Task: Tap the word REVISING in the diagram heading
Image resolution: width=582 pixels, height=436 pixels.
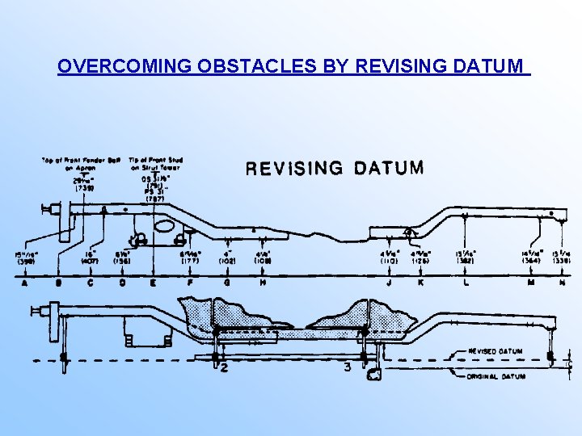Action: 293,169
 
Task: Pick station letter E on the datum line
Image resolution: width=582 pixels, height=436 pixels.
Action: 153,283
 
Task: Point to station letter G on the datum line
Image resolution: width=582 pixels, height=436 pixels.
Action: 227,283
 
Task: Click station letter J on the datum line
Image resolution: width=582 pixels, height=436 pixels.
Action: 390,283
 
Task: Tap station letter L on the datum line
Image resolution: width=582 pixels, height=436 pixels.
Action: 466,283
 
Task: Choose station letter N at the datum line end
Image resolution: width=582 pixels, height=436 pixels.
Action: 562,283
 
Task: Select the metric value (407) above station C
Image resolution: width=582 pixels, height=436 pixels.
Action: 90,260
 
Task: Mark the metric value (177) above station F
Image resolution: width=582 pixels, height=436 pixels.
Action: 190,260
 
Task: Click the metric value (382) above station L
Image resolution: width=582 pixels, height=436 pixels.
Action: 466,260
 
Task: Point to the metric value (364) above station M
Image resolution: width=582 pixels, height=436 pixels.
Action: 531,260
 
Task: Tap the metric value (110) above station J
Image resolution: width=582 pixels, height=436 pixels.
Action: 390,260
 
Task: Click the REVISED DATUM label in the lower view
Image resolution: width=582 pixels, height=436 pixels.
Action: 496,352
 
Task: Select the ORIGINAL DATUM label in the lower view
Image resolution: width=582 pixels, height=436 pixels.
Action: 496,376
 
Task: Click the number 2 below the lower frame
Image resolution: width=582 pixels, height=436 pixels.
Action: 224,369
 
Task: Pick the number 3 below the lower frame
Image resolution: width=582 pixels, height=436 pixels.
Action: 346,368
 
